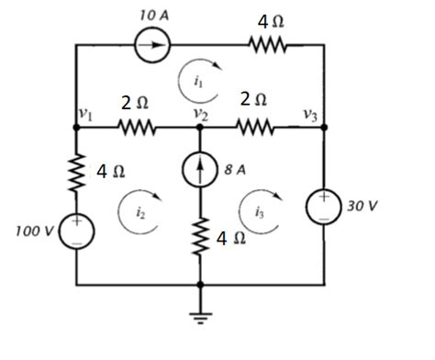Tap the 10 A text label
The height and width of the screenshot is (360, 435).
pyautogui.click(x=152, y=16)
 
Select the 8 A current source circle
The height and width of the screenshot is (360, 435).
pyautogui.click(x=200, y=171)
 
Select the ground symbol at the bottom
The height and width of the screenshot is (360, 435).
pyautogui.click(x=200, y=317)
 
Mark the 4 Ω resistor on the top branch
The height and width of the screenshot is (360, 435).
pyautogui.click(x=267, y=45)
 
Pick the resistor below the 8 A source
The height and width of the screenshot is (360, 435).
pyautogui.click(x=200, y=241)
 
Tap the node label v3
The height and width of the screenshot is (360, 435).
pyautogui.click(x=311, y=115)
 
